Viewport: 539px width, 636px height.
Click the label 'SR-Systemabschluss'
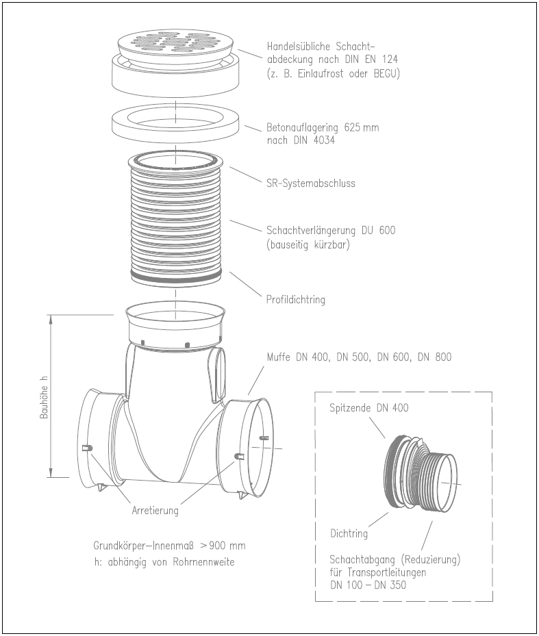click(x=310, y=183)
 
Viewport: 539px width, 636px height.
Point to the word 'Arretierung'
click(x=155, y=510)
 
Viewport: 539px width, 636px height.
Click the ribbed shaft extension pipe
click(x=176, y=219)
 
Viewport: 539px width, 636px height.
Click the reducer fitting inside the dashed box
click(x=418, y=473)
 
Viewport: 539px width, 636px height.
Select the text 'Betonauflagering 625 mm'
click(x=322, y=128)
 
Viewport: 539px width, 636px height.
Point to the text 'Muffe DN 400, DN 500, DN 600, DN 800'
click(x=359, y=357)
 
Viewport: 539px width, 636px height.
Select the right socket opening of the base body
click(x=254, y=445)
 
